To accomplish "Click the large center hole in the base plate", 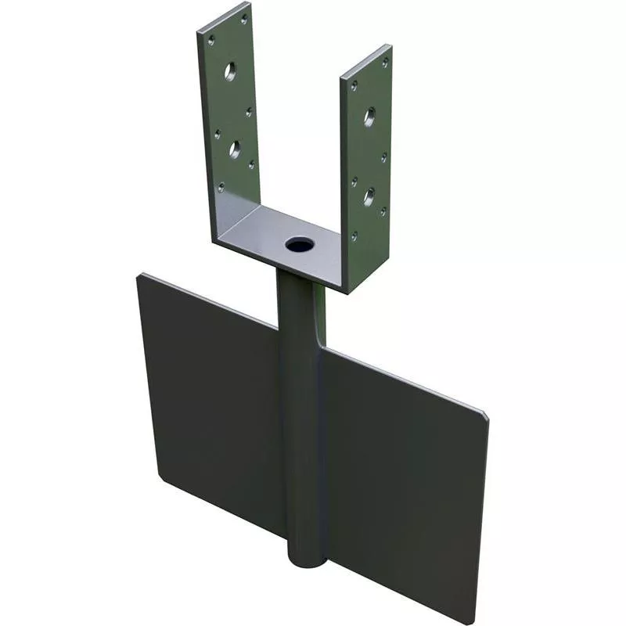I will point(299,245).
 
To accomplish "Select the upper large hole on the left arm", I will point(230,71).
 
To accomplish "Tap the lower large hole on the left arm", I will point(234,149).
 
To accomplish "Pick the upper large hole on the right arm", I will point(369,117).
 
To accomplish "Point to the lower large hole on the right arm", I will point(369,196).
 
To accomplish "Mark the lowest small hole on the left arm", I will point(221,186).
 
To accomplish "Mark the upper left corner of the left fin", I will point(140,275).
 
